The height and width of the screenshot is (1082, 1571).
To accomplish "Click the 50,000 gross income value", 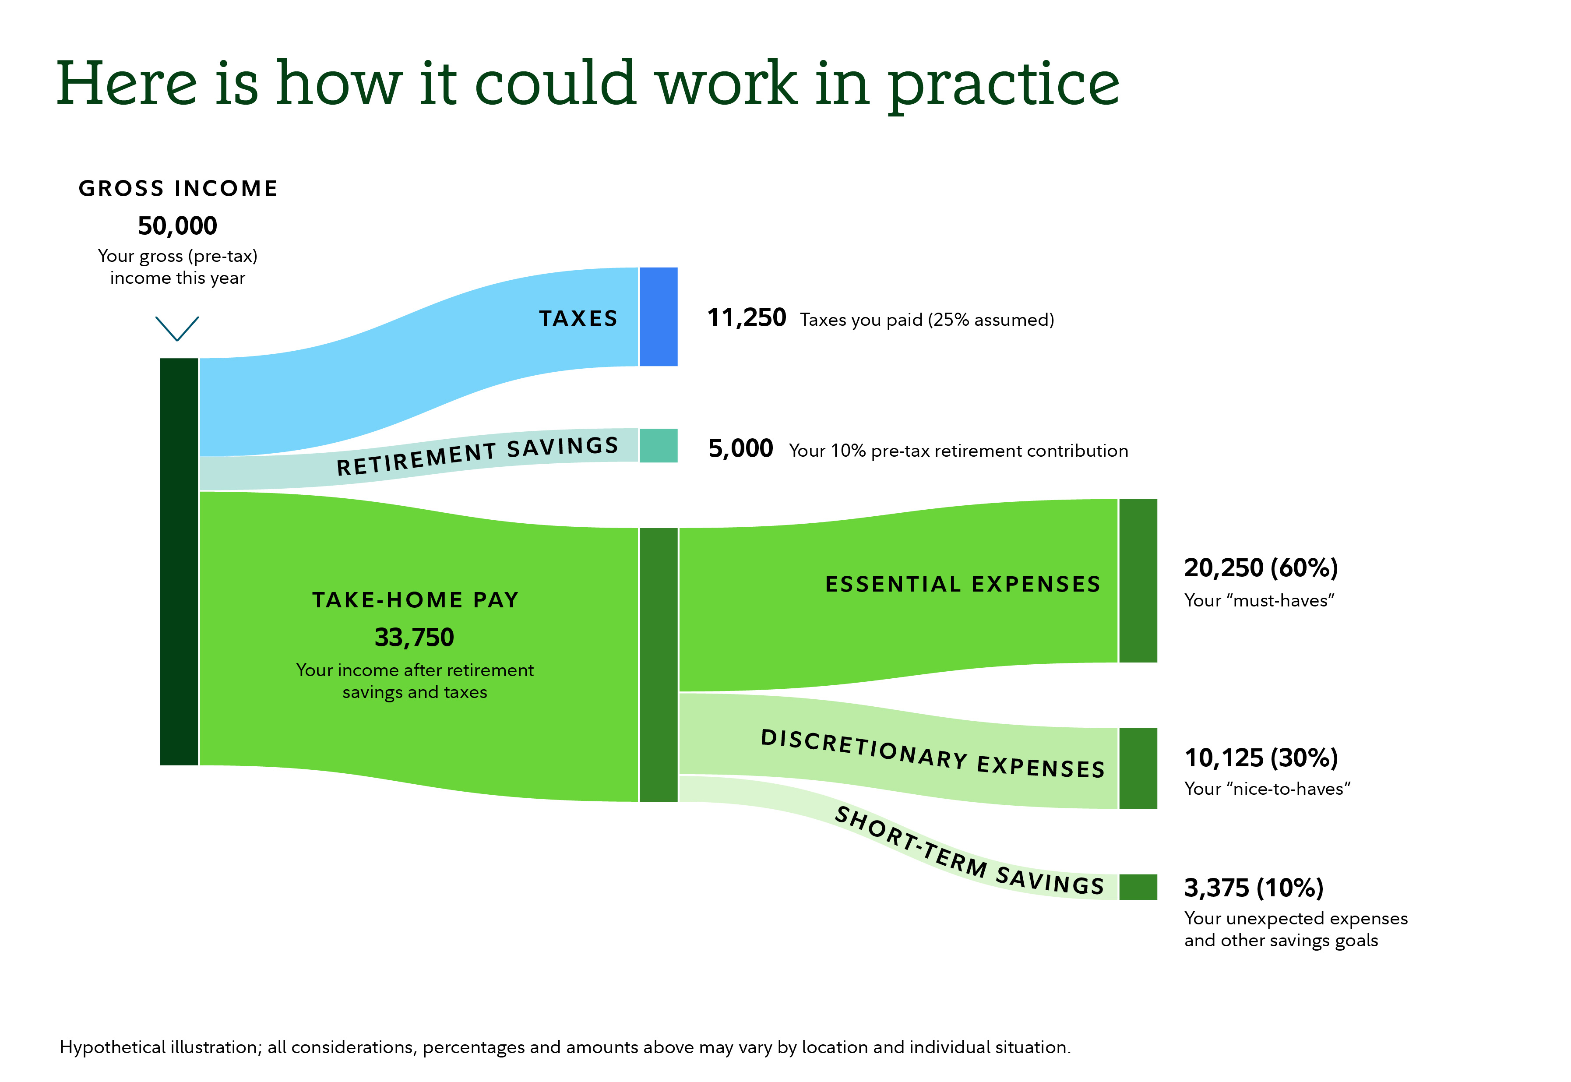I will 178,226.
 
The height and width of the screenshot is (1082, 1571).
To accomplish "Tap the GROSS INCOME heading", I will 178,188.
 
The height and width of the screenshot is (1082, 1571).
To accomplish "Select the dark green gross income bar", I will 179,561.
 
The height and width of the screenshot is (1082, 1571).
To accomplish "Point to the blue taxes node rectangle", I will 658,317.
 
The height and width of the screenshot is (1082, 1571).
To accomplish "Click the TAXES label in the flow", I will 578,319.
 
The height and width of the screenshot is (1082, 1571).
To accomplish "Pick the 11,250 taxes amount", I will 746,318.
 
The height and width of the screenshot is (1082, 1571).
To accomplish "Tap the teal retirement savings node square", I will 658,445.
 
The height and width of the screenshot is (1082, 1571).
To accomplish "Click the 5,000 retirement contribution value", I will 740,449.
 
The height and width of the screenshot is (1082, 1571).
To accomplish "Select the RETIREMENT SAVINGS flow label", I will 478,455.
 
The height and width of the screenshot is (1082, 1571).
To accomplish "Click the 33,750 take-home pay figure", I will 414,637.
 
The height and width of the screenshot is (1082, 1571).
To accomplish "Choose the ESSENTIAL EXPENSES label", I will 962,585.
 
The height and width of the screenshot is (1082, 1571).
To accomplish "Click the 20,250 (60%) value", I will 1261,568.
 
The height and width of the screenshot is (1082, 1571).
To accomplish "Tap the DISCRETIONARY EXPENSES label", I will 933,754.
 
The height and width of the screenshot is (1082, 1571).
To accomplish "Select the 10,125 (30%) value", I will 1261,758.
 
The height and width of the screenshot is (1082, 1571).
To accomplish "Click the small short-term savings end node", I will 1138,887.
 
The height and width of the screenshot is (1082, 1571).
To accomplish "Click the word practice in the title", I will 1003,85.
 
